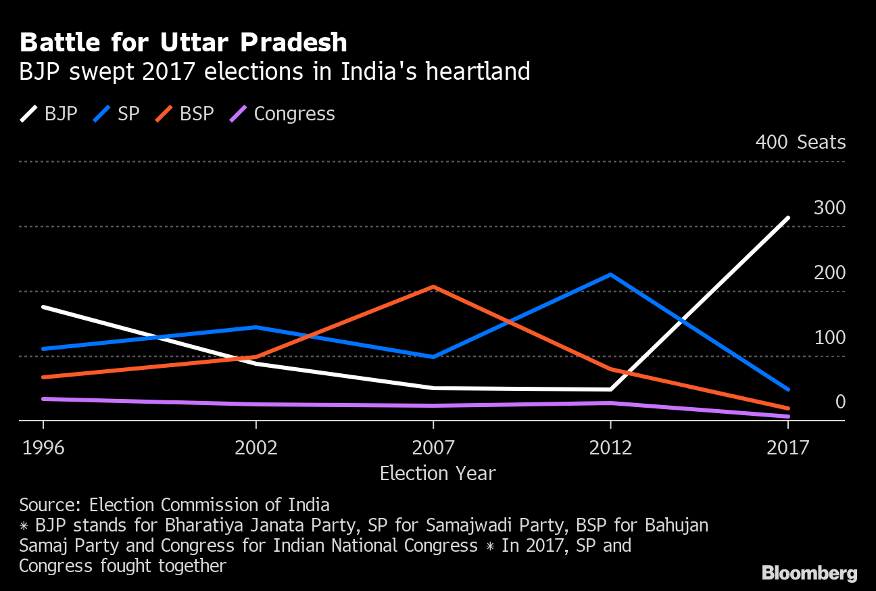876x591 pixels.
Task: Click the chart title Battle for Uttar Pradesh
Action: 183,43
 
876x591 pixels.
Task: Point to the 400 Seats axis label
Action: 800,143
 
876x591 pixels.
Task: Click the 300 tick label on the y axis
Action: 829,208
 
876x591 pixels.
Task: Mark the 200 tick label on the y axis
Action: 829,273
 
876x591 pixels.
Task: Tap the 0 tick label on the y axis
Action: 840,402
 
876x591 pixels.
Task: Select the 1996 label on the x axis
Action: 43,448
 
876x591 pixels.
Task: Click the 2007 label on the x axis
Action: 433,448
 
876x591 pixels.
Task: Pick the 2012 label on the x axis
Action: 610,448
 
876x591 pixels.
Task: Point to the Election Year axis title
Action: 437,473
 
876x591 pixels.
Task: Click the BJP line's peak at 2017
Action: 787,218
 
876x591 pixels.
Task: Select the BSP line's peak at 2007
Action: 433,287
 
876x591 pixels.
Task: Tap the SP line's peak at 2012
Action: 610,275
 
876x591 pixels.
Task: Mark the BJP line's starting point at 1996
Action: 43,307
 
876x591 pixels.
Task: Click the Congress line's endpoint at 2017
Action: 787,417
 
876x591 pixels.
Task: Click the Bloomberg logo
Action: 809,573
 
